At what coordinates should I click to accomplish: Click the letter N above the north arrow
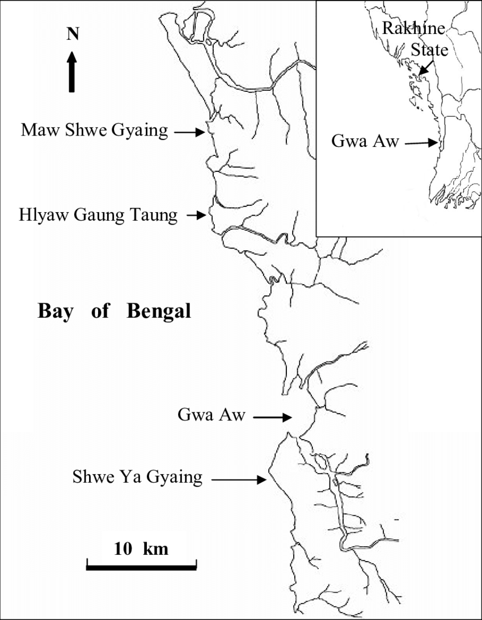[72, 34]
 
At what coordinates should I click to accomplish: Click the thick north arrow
[72, 71]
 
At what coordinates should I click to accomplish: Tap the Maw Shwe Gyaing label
[95, 131]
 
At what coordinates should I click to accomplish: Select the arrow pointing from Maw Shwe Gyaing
[189, 132]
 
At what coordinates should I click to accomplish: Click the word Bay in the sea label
[56, 311]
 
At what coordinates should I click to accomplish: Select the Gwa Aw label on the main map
[212, 416]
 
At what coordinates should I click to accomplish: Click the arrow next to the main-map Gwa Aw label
[272, 417]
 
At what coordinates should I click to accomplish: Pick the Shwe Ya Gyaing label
[137, 477]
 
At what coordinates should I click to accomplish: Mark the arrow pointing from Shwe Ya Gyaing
[239, 480]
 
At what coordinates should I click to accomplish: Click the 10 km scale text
[141, 549]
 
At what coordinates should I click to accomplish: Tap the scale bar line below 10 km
[141, 565]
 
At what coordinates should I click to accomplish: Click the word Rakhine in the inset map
[413, 28]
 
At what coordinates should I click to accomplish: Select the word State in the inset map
[429, 50]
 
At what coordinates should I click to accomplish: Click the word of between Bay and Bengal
[99, 311]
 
